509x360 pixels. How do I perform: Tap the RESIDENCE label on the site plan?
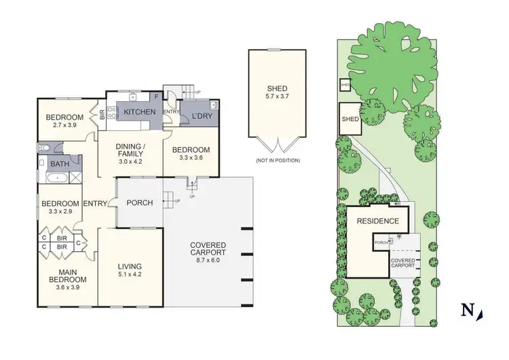[378, 221]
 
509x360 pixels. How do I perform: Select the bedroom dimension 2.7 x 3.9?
[65, 126]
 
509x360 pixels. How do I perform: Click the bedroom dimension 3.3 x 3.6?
[190, 158]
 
